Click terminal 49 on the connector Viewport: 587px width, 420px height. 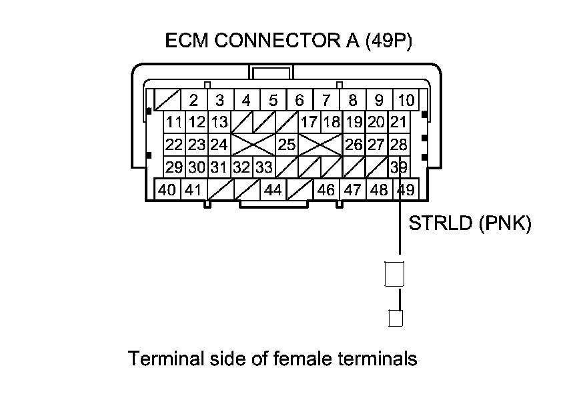pos(406,190)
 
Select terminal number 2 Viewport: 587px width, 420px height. pos(193,101)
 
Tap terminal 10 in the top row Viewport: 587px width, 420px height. pos(406,101)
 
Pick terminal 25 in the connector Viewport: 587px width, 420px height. pos(287,145)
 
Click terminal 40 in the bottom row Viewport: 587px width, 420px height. pos(167,190)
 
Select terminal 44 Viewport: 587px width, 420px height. pos(273,190)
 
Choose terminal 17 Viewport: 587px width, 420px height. pos(309,123)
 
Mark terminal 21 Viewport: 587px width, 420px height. pos(398,123)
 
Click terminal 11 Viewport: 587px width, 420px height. pos(175,123)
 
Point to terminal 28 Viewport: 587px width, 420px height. pos(398,145)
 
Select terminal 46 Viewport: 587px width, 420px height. pos(326,190)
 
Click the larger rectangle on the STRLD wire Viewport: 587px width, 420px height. pos(395,273)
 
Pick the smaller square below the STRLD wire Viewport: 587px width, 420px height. pos(395,318)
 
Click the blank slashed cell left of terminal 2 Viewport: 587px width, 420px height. pos(167,101)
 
